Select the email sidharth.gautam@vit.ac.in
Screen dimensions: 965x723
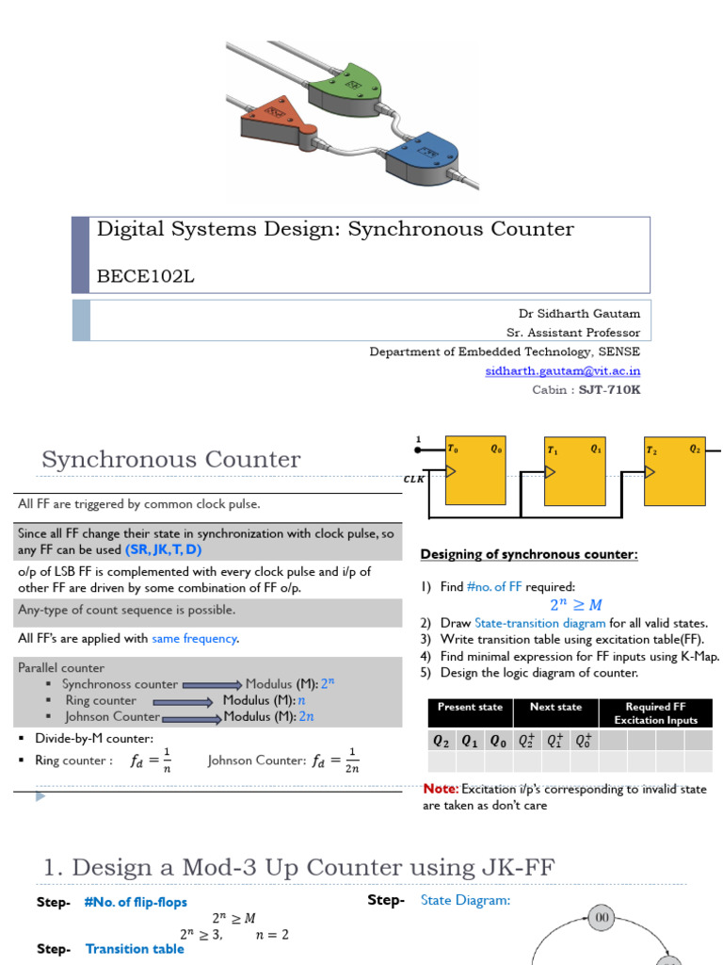tap(563, 370)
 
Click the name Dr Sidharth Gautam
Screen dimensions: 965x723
tap(579, 313)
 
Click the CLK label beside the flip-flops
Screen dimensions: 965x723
tap(415, 479)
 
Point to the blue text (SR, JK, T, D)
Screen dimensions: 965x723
tap(164, 549)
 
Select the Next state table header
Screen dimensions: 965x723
tap(555, 707)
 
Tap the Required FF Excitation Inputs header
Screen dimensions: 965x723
tap(655, 713)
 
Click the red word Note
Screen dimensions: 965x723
tap(440, 789)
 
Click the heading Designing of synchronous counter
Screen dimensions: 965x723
tap(528, 554)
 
